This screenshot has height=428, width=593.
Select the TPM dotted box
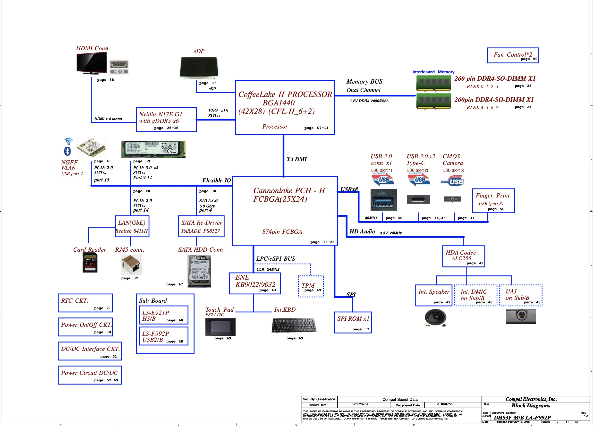(x=311, y=286)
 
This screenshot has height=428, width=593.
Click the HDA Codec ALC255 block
(x=463, y=256)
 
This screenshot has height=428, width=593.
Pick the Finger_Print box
(x=493, y=201)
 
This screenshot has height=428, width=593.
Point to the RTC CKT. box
(x=85, y=303)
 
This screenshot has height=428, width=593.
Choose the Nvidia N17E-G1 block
(x=166, y=120)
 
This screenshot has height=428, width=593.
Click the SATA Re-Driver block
(x=201, y=226)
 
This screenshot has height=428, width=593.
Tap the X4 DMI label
(x=296, y=159)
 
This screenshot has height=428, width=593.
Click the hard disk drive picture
(x=199, y=271)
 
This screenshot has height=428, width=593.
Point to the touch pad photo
(x=220, y=327)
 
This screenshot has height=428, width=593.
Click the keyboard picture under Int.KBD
(x=294, y=325)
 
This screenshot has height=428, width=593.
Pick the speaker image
(x=435, y=318)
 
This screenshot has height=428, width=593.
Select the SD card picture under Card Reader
(x=90, y=263)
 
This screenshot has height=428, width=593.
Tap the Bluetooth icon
(x=68, y=151)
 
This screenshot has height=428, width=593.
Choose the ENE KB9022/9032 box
(x=255, y=283)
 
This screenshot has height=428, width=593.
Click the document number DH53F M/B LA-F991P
(x=522, y=418)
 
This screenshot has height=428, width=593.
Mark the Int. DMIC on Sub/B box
(x=476, y=295)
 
